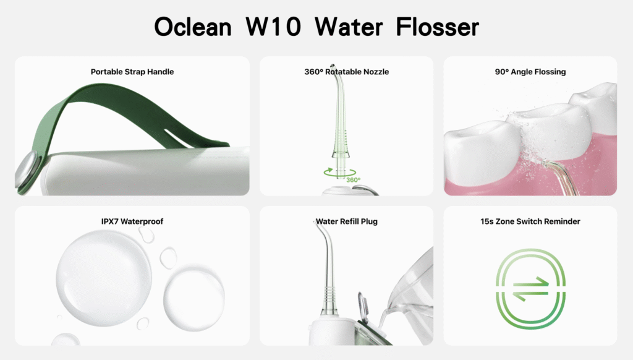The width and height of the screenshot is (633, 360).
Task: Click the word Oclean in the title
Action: pos(193,27)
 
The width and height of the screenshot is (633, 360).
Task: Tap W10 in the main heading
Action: pos(273,27)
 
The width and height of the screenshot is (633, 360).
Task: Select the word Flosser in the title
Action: pos(437,27)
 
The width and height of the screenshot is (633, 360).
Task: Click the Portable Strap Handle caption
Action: pos(132,72)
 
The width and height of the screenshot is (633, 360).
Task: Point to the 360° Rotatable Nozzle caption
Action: pos(346,72)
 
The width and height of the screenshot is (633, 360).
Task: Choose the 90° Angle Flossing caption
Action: pos(530,72)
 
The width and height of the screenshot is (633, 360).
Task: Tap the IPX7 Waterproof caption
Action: pos(132,221)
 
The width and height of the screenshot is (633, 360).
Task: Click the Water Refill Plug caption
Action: pos(346,221)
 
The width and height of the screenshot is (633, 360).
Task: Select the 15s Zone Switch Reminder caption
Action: pos(530,221)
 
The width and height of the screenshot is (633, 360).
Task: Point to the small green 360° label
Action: pos(353,180)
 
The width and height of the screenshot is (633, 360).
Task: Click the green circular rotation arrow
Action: pos(339,174)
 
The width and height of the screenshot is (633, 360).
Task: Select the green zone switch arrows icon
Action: pos(530,289)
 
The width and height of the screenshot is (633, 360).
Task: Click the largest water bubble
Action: pos(104,278)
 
